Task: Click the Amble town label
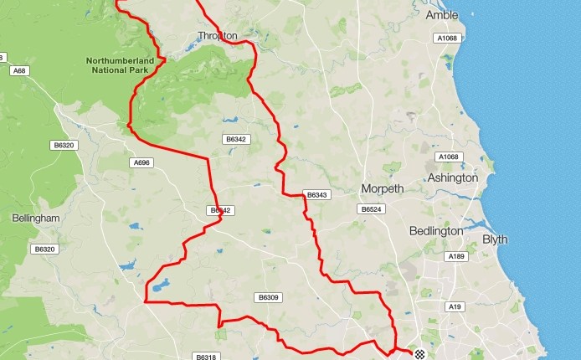coord(442,15)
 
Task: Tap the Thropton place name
coord(218,36)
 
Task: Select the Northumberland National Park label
coord(121,66)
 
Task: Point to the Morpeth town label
coord(382,188)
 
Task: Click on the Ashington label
coord(452,178)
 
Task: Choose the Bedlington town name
coord(436,231)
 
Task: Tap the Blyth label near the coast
coord(496,239)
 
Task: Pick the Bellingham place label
coord(36,219)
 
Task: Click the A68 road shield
coord(19,71)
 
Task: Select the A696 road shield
coord(141,162)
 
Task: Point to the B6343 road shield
coord(317,195)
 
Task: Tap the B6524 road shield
coord(370,209)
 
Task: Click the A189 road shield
coord(456,256)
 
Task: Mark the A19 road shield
coord(455,307)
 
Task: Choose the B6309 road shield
coord(268,297)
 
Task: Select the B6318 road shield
coord(205,357)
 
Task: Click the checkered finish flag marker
coord(420,355)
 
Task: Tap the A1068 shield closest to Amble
coord(446,39)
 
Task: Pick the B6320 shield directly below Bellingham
coord(44,249)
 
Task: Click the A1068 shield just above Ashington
coord(449,157)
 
